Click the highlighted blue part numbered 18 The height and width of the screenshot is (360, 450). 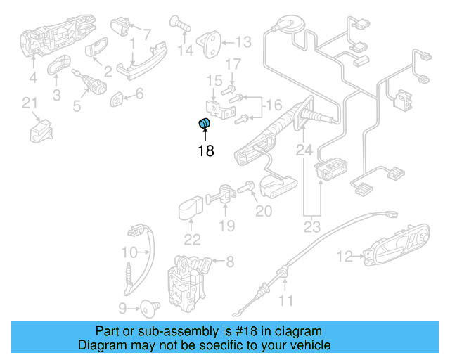coord(205,125)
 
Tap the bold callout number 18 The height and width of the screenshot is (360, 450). coord(205,150)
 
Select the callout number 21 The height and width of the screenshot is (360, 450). coord(30,104)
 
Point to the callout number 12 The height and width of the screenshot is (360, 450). coord(344,257)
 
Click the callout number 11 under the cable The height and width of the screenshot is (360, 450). coord(285,302)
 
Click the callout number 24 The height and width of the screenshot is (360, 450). coord(304,150)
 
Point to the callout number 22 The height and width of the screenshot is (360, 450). coord(192,239)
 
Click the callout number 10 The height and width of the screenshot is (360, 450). coord(129,252)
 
